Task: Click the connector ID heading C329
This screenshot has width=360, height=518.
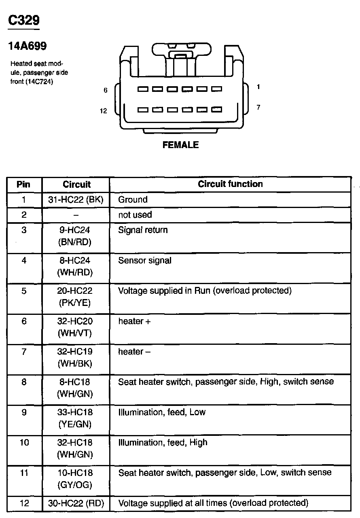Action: pyautogui.click(x=24, y=21)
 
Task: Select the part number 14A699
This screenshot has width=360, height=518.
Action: pyautogui.click(x=28, y=47)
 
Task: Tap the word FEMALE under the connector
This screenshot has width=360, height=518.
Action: pyautogui.click(x=180, y=145)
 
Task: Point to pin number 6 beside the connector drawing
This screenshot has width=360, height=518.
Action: pyautogui.click(x=106, y=90)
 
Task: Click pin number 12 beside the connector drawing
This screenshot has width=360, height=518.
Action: pyautogui.click(x=104, y=111)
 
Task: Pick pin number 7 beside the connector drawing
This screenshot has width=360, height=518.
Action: pyautogui.click(x=258, y=107)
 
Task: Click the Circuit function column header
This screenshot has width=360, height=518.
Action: pyautogui.click(x=230, y=184)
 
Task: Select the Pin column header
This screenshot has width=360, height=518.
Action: pyautogui.click(x=23, y=185)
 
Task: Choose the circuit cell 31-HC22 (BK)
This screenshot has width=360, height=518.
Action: pyautogui.click(x=76, y=200)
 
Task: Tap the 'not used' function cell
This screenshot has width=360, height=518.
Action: pyautogui.click(x=135, y=215)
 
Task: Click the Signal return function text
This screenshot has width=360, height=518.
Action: pyautogui.click(x=143, y=230)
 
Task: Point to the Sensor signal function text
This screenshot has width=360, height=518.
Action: pyautogui.click(x=145, y=261)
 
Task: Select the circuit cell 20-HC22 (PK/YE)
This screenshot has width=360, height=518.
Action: pyautogui.click(x=75, y=297)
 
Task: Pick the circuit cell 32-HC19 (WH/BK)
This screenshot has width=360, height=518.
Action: pyautogui.click(x=75, y=357)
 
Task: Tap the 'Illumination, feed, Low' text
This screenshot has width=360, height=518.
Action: pyautogui.click(x=162, y=412)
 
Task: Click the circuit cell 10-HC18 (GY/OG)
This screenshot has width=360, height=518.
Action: pyautogui.click(x=75, y=479)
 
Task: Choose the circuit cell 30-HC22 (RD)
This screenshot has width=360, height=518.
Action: pyautogui.click(x=76, y=503)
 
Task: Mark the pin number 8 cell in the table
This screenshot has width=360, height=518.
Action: pyautogui.click(x=24, y=382)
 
